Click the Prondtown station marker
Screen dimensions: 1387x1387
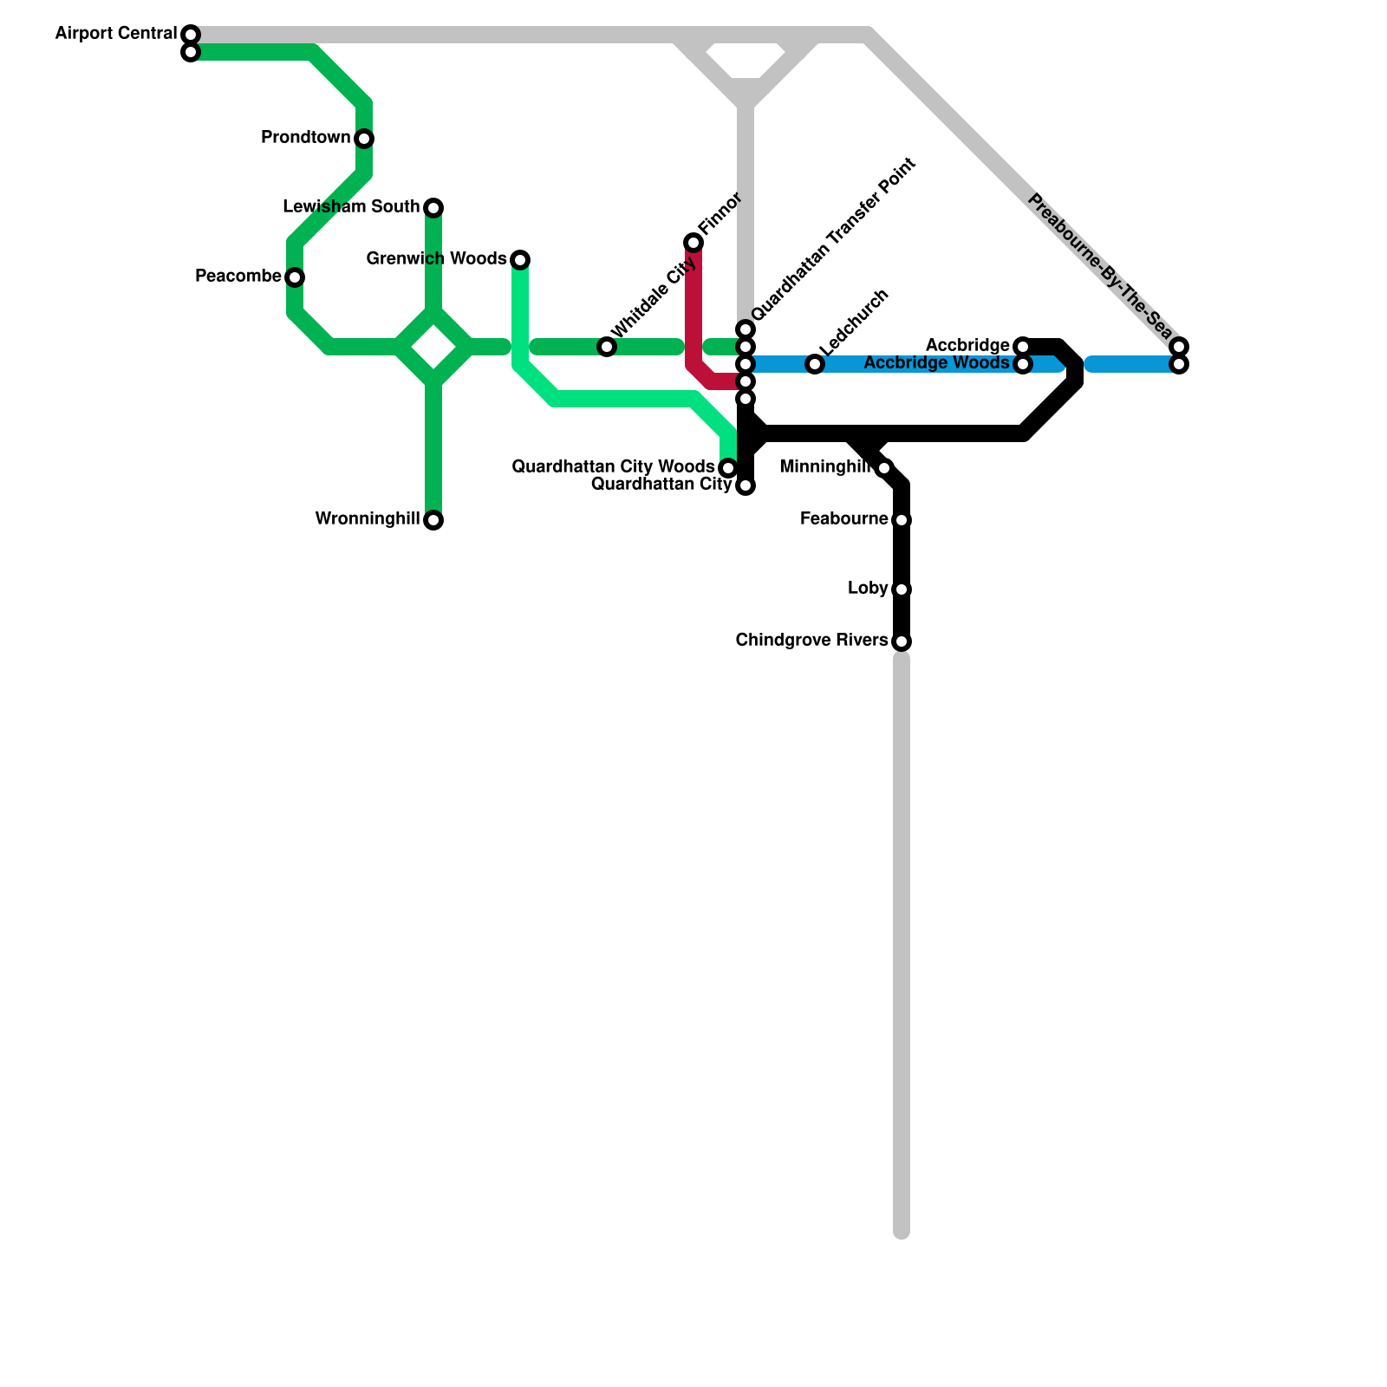(x=364, y=139)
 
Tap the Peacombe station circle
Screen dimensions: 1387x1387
(x=295, y=277)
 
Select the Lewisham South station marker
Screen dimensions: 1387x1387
(x=433, y=208)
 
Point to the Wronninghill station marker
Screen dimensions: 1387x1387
(x=433, y=520)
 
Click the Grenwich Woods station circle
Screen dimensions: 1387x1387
(x=520, y=259)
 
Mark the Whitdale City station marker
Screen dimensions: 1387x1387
(x=607, y=347)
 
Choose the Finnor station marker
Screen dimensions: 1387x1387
(x=693, y=243)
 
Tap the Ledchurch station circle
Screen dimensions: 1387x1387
(x=815, y=364)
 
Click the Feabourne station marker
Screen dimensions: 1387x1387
(x=902, y=520)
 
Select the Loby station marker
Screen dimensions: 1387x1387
(x=902, y=589)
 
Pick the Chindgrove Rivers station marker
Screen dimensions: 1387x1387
(x=902, y=641)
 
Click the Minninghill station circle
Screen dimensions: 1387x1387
(x=883, y=468)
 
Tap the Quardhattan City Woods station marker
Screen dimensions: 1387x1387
(x=728, y=468)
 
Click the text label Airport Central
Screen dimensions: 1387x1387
(x=115, y=34)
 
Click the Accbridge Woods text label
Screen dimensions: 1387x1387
(x=936, y=363)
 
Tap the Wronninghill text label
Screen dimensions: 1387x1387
(x=367, y=519)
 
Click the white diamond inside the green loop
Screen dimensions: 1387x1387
(x=433, y=348)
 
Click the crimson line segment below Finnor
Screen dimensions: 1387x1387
(x=693, y=312)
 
